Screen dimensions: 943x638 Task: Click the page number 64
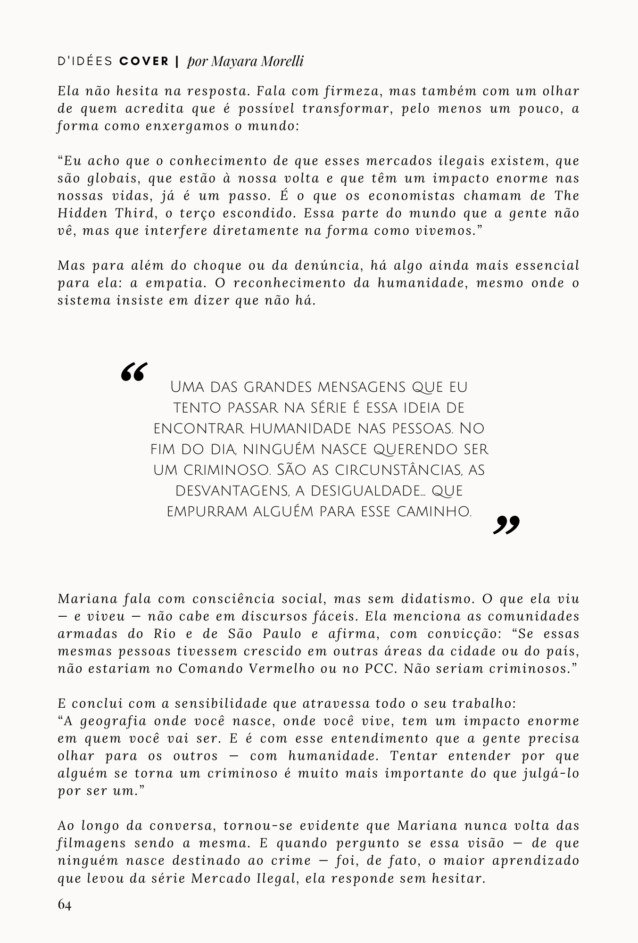[x=65, y=905]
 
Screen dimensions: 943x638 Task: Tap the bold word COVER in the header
[x=144, y=62]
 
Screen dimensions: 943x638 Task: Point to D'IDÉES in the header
[x=85, y=62]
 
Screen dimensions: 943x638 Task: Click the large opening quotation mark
[x=134, y=372]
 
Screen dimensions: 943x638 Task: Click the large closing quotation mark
[x=506, y=525]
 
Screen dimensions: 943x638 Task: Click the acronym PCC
[x=380, y=669]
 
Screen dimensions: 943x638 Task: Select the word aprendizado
[x=535, y=860]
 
